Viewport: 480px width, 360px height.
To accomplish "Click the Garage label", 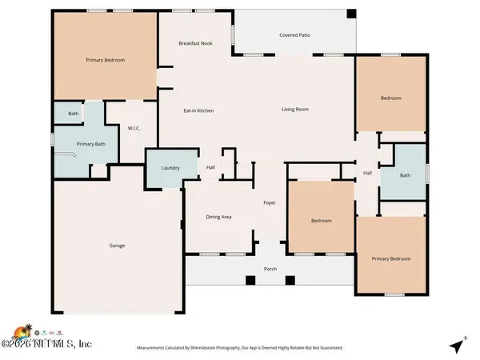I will click(117, 246).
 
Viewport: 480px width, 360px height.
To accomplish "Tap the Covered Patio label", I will click(294, 35).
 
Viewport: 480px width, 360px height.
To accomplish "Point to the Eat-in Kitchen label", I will click(199, 110).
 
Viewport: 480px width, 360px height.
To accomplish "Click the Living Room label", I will click(294, 110).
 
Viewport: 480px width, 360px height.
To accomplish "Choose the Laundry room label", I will click(170, 168).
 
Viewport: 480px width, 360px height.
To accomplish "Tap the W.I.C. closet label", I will click(134, 128).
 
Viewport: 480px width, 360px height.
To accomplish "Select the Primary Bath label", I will click(91, 144).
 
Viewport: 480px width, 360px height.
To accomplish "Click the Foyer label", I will click(270, 203).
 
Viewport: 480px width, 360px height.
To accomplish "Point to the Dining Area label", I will click(218, 217).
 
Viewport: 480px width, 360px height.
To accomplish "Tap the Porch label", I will click(270, 269).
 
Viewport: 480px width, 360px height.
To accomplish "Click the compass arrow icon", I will click(456, 346).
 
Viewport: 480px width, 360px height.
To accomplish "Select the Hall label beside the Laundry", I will click(211, 167).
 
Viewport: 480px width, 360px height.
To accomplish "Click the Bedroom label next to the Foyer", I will click(321, 221).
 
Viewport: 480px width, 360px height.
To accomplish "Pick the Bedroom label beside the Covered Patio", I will click(390, 98).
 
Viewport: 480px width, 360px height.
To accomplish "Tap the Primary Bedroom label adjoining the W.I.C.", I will click(106, 60).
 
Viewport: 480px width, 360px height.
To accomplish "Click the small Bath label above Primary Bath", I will click(73, 114).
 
